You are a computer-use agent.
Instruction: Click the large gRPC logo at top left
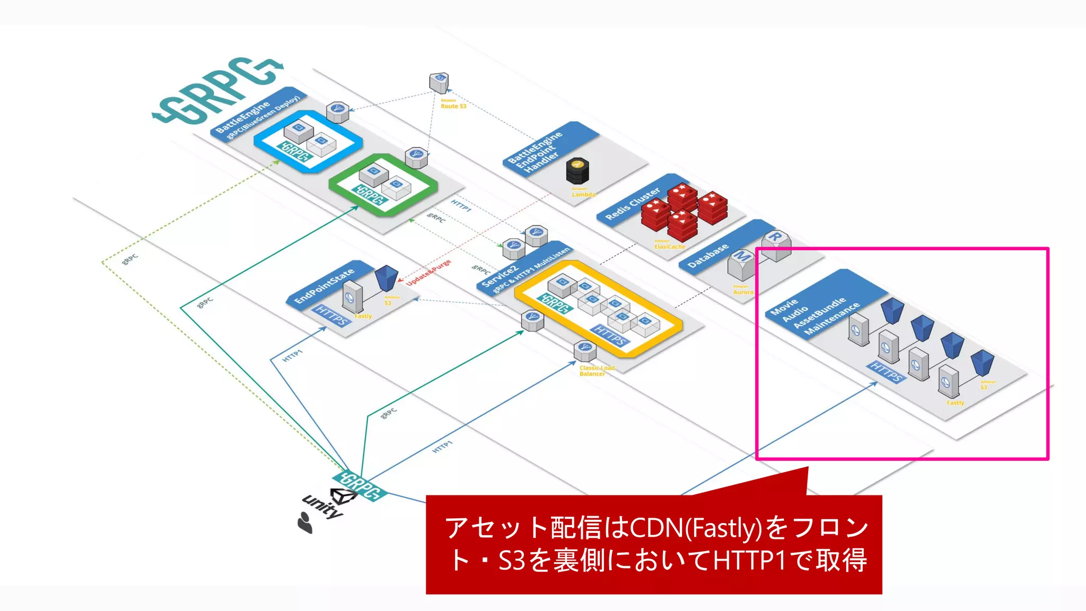pyautogui.click(x=217, y=90)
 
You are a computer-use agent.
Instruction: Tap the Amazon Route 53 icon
pyautogui.click(x=439, y=83)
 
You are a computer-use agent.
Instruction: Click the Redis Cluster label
pyautogui.click(x=633, y=204)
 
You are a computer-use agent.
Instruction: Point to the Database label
pyautogui.click(x=708, y=256)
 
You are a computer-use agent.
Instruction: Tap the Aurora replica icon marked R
pyautogui.click(x=776, y=245)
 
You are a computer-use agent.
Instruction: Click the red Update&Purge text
pyautogui.click(x=428, y=273)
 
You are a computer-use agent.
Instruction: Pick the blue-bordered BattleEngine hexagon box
pyautogui.click(x=308, y=141)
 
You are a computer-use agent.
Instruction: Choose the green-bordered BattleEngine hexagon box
pyautogui.click(x=383, y=185)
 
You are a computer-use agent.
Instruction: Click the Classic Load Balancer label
pyautogui.click(x=597, y=371)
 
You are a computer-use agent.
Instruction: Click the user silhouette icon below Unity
pyautogui.click(x=305, y=522)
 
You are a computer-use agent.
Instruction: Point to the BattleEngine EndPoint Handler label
pyautogui.click(x=535, y=151)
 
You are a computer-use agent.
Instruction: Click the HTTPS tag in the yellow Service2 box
pyautogui.click(x=610, y=336)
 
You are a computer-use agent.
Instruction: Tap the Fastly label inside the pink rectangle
pyautogui.click(x=955, y=403)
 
